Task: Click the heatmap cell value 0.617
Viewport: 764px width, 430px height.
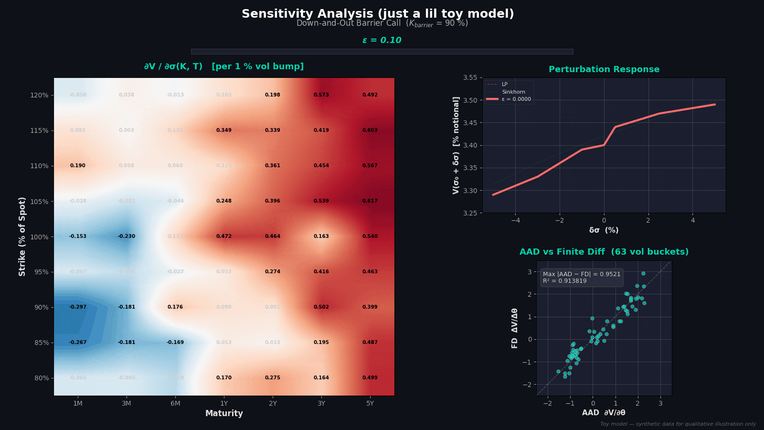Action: tap(370, 201)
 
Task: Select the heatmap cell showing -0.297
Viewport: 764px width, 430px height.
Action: tap(78, 307)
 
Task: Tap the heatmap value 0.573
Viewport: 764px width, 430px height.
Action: tap(321, 95)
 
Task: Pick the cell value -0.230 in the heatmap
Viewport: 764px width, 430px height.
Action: tap(127, 236)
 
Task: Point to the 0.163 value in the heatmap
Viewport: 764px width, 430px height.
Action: tap(321, 236)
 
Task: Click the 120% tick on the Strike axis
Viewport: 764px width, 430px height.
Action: tap(39, 95)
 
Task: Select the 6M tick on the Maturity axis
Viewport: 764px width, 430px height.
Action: tap(175, 403)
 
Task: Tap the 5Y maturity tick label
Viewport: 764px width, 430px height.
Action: tap(370, 403)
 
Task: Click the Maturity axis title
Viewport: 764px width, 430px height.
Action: tap(224, 413)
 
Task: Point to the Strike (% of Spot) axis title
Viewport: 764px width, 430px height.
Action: tap(22, 236)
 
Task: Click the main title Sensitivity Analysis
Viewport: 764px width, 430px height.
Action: tap(378, 14)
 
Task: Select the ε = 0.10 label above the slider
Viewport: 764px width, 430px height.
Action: tap(382, 40)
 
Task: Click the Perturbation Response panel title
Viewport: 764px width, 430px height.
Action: tap(604, 69)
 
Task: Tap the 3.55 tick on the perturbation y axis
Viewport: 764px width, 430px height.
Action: tap(470, 77)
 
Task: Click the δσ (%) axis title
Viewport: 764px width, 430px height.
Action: tap(604, 230)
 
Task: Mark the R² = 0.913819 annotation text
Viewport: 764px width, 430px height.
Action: tap(564, 281)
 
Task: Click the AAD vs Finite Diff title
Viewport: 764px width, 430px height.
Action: tap(604, 252)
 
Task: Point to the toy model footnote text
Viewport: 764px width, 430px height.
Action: tap(678, 424)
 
